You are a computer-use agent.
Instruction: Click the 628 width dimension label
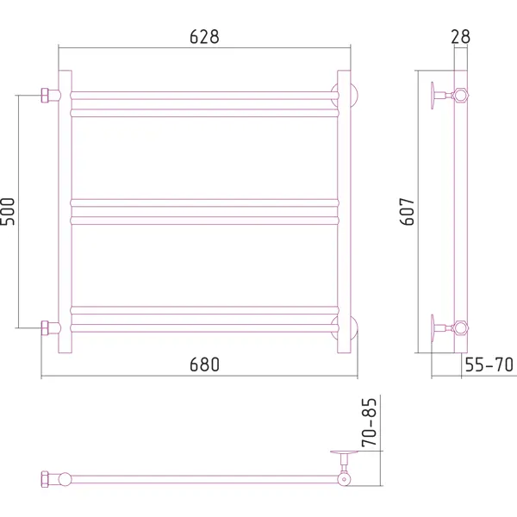[x=204, y=36]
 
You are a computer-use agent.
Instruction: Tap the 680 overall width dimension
[x=204, y=364]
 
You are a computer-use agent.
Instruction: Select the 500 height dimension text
[x=8, y=211]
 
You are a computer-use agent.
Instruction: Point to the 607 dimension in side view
[x=407, y=211]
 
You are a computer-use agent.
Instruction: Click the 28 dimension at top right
[x=460, y=36]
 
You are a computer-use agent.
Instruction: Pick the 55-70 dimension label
[x=489, y=364]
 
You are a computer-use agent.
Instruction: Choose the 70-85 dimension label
[x=369, y=422]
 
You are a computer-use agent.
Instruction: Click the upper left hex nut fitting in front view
[x=45, y=96]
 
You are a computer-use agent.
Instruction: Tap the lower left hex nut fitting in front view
[x=45, y=328]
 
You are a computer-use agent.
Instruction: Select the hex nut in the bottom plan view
[x=45, y=479]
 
